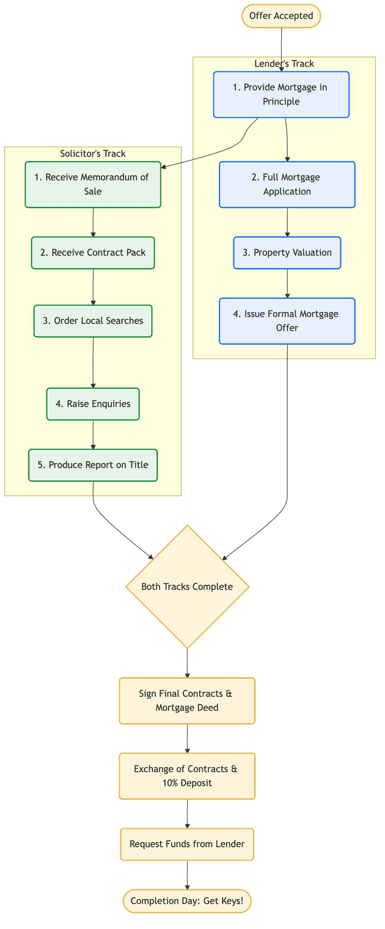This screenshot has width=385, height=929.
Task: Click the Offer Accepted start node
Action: point(281,16)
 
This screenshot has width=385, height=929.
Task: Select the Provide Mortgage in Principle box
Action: point(281,94)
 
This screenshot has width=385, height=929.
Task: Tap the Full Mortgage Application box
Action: point(287,184)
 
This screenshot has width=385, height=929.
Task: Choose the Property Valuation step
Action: point(287,253)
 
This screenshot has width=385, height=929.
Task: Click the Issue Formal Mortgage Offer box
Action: point(287,321)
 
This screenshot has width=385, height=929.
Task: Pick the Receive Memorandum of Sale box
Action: point(93,184)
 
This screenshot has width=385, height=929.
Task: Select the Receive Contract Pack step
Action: point(93,252)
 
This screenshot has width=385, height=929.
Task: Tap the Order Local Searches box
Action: point(93,321)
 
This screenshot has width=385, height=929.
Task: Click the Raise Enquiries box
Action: point(93,404)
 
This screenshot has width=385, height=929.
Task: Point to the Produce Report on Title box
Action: point(93,465)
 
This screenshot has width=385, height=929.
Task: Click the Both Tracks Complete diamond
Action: point(187,586)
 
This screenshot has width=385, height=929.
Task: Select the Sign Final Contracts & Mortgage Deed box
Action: point(187,701)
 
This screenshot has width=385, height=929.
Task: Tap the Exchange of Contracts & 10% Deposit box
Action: point(187,776)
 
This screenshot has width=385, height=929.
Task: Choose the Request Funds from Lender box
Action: point(187,844)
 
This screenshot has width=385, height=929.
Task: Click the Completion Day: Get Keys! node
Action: point(187,901)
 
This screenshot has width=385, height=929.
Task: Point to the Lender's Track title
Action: point(284,63)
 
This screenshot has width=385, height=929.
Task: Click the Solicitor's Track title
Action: point(93,153)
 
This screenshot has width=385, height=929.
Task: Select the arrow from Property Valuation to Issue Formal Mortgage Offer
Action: point(287,283)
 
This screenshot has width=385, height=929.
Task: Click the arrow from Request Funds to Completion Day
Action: point(187,875)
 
